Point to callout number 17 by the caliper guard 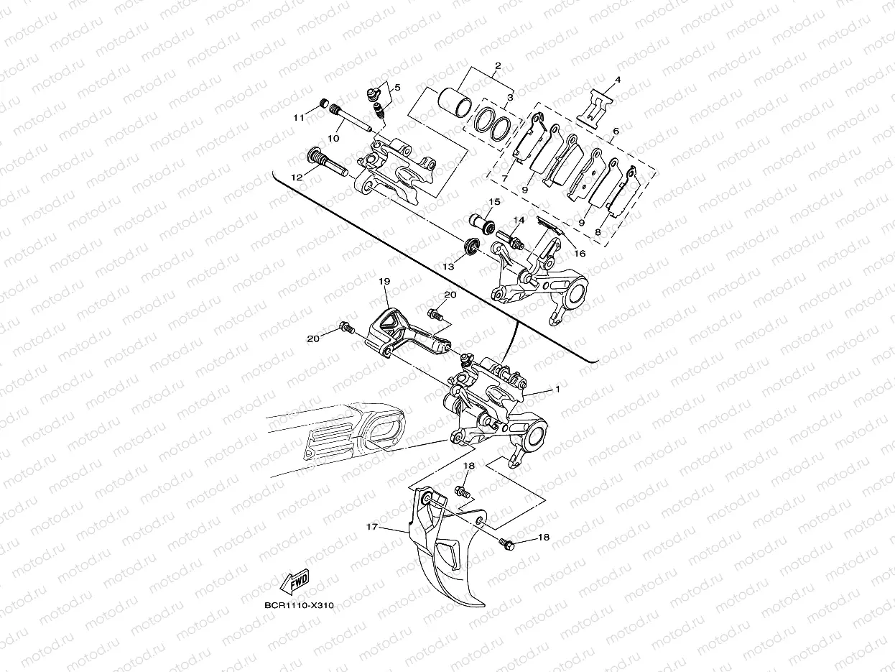371,527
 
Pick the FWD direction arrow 295,580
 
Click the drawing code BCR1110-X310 298,606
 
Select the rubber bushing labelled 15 481,223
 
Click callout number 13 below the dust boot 448,267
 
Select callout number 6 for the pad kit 615,132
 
